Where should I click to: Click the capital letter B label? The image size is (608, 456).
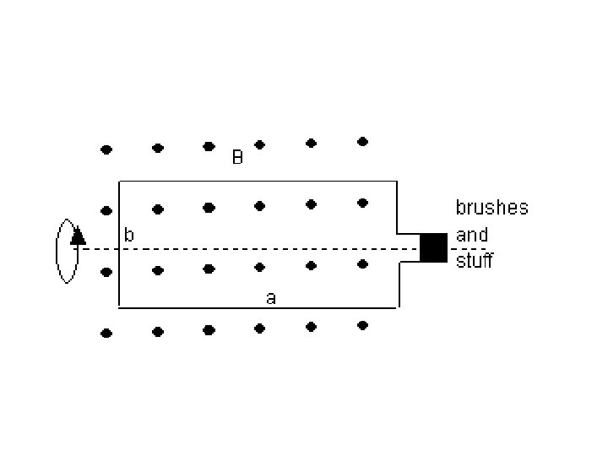238,158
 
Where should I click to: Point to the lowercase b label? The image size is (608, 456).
129,236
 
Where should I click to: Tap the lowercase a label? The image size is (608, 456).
270,297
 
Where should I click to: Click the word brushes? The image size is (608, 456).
492,208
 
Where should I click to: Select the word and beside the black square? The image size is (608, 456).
472,235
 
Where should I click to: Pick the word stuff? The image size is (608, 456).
474,261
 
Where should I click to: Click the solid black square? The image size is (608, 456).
433,247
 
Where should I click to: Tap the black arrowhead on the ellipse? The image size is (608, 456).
78,236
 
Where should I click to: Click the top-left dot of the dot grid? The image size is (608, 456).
106,149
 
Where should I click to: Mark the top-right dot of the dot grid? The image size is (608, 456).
362,141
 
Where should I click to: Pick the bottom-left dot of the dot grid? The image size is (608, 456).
106,334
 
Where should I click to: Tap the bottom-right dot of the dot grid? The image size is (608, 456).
362,325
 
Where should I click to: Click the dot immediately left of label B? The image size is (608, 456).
209,146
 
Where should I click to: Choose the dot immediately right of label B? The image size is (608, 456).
260,144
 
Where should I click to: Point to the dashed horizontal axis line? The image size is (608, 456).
253,249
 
